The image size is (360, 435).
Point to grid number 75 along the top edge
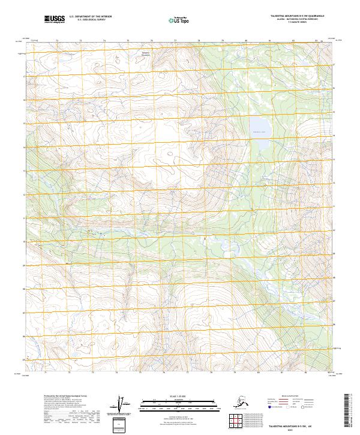[x=128, y=41]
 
